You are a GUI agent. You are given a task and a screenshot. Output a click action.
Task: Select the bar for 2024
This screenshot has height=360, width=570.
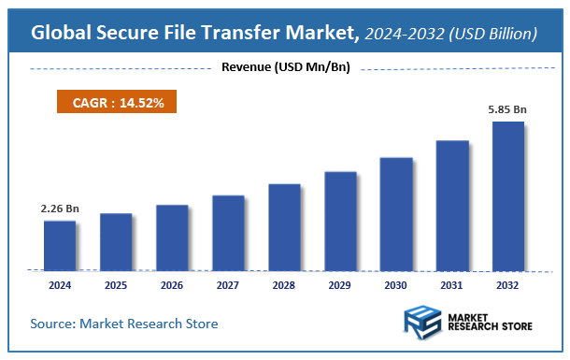click(60, 245)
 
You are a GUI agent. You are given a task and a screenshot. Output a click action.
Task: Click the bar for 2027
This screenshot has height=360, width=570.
click(228, 232)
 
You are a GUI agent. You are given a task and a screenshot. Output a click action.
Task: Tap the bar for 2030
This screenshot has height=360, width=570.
click(396, 213)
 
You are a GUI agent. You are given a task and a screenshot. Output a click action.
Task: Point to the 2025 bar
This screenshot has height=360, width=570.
click(116, 241)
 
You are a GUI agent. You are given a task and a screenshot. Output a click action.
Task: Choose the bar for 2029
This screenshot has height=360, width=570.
click(340, 221)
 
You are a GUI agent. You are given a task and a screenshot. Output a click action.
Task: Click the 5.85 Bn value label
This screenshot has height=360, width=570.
click(508, 109)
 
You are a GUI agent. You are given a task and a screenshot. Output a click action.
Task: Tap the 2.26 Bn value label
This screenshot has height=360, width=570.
click(60, 209)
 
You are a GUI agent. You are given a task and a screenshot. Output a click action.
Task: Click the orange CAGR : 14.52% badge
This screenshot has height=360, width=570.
click(118, 103)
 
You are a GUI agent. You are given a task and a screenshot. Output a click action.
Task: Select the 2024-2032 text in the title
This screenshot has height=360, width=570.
click(402, 34)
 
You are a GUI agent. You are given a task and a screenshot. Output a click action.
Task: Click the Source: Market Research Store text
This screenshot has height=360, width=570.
click(124, 324)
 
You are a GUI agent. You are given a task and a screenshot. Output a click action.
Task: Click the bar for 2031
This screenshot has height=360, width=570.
click(452, 205)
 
